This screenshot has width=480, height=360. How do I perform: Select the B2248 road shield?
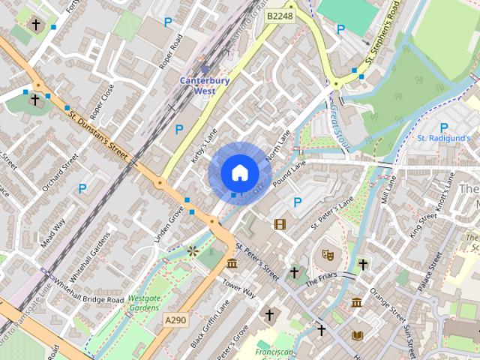tap(280, 15)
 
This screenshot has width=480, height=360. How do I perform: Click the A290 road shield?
tap(175, 320)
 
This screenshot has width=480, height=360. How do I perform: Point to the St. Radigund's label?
tap(443, 138)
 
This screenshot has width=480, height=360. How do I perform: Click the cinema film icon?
tap(280, 223)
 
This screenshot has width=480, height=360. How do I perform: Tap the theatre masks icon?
tap(328, 254)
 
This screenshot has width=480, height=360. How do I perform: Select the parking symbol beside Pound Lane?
tap(298, 202)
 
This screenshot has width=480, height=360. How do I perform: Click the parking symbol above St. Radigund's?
tap(443, 127)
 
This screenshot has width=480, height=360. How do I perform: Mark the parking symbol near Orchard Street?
tap(82, 188)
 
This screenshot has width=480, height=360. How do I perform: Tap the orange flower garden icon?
tap(193, 250)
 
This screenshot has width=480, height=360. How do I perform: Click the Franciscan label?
tap(274, 351)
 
